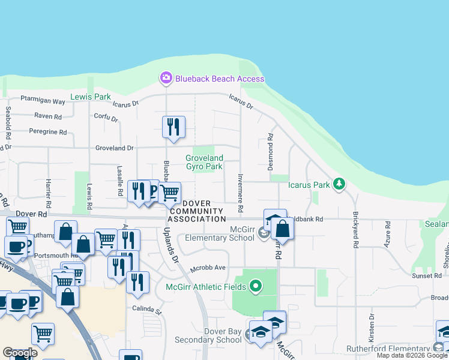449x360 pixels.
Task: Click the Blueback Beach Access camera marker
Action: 165,78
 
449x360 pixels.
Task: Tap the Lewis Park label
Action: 91,97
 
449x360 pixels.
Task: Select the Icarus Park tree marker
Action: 339,184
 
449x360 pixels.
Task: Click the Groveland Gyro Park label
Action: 204,162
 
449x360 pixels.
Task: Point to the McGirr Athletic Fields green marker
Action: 256,286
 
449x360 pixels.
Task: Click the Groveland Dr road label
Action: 114,148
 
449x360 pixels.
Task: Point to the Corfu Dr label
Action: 106,118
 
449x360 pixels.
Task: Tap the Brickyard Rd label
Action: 355,230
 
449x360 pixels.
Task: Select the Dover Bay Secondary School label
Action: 208,335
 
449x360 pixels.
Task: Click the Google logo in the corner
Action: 20,353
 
